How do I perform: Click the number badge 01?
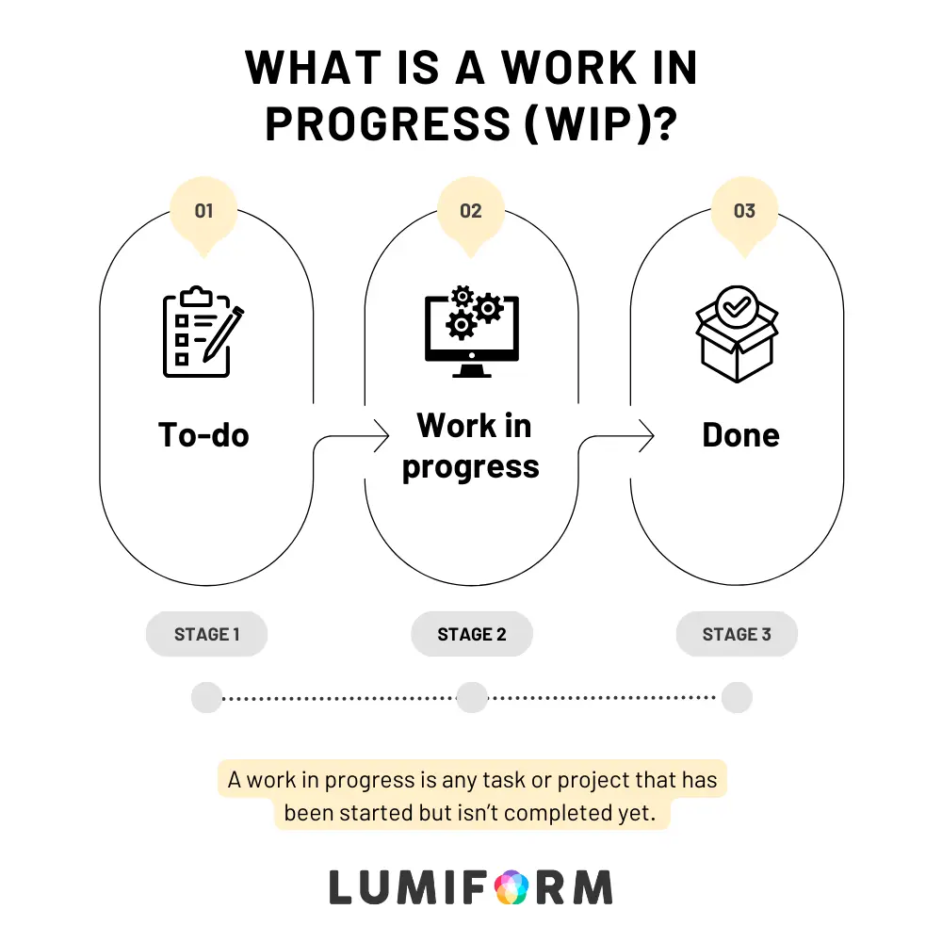point(203,211)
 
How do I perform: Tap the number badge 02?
point(471,211)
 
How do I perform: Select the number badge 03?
point(744,211)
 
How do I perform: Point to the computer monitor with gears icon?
point(472,332)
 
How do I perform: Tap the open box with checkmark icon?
point(738,333)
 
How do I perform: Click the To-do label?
point(203,435)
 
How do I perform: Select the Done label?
point(740,435)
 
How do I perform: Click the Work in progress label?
point(472,447)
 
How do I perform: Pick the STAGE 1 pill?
point(206,634)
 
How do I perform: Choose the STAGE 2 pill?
point(472,634)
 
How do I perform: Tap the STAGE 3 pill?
point(737,634)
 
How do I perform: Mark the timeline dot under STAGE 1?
point(206,697)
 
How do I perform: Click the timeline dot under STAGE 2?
point(472,697)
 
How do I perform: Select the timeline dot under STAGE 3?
point(737,697)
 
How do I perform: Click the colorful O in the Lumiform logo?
point(512,887)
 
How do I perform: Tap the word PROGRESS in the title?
point(388,124)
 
